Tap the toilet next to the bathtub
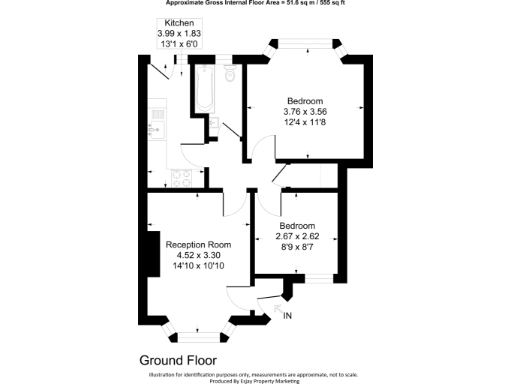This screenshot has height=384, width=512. point(230,74)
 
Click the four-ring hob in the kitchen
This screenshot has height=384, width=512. point(181,179)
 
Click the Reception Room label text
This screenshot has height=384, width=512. point(198,245)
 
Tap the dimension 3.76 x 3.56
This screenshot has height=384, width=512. point(304,112)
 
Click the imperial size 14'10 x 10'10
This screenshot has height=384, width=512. point(198,267)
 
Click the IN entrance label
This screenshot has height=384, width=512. point(288,317)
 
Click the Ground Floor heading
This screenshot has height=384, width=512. point(178,358)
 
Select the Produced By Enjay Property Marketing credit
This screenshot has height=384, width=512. point(256,381)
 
